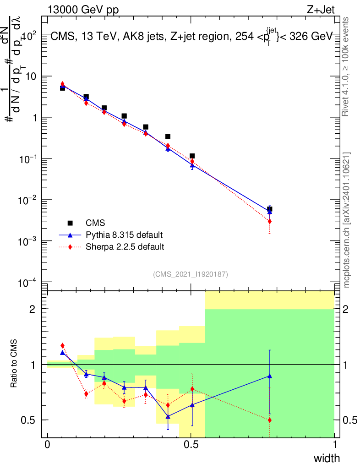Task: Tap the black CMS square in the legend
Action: pyautogui.click(x=70, y=223)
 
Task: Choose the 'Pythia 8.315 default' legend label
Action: pyautogui.click(x=124, y=235)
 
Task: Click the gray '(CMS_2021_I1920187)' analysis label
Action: pyautogui.click(x=191, y=274)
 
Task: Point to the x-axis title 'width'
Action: pyautogui.click(x=327, y=458)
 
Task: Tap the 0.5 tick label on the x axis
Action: pyautogui.click(x=191, y=445)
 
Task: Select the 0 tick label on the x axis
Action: pyautogui.click(x=48, y=445)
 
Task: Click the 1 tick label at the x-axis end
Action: pyautogui.click(x=335, y=445)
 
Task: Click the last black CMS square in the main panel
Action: pyautogui.click(x=270, y=209)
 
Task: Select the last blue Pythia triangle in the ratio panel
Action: pyautogui.click(x=270, y=376)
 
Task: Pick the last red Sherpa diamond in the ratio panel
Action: pyautogui.click(x=270, y=420)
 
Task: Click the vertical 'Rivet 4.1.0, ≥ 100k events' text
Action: pyautogui.click(x=346, y=67)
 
